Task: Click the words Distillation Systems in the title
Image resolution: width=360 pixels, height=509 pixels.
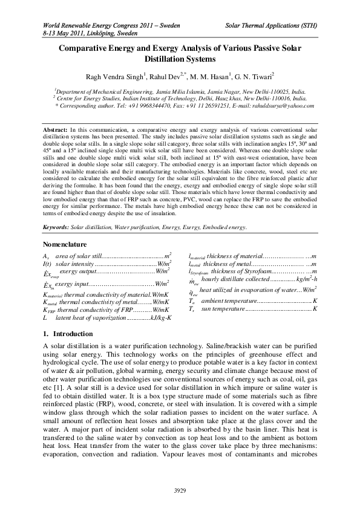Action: [180, 59]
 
